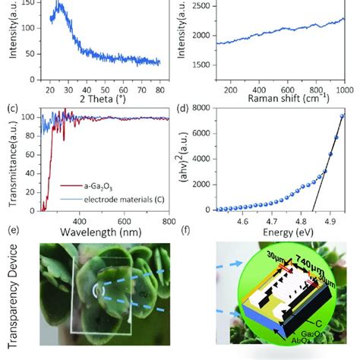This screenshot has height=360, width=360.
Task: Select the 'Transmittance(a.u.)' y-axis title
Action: pyautogui.click(x=8, y=160)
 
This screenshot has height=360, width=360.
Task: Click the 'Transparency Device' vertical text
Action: pyautogui.click(x=8, y=300)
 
